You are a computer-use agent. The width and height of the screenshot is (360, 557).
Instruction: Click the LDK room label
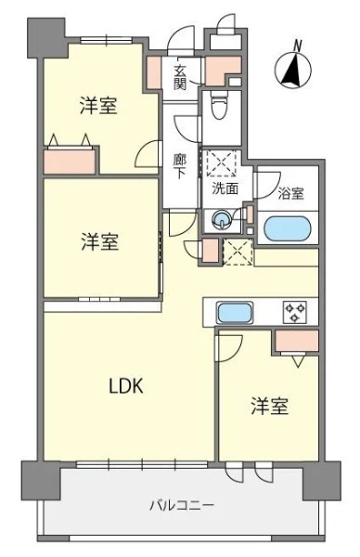pyautogui.click(x=126, y=386)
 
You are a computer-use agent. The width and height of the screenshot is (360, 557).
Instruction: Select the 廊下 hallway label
pyautogui.click(x=180, y=166)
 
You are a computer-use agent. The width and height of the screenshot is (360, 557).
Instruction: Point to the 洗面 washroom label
pyautogui.click(x=225, y=188)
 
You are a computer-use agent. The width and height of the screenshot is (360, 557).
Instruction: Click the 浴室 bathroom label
pyautogui.click(x=290, y=194)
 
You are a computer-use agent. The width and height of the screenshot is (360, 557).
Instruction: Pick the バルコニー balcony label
pyautogui.click(x=182, y=505)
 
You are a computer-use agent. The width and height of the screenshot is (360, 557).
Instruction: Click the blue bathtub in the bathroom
pyautogui.click(x=288, y=228)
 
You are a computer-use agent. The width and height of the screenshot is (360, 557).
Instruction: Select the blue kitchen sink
pyautogui.click(x=236, y=313)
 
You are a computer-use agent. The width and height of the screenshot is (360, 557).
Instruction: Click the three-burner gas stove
pyautogui.click(x=295, y=312)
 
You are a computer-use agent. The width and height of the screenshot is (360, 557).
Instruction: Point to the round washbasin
pyautogui.click(x=222, y=219)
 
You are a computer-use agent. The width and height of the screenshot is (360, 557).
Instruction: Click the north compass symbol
pyautogui.click(x=293, y=70)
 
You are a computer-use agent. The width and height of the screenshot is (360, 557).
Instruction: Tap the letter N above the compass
pyautogui.click(x=298, y=45)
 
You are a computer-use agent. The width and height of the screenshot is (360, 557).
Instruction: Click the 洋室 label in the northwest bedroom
pyautogui.click(x=98, y=106)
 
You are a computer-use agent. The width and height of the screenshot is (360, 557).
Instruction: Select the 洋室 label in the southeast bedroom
pyautogui.click(x=270, y=406)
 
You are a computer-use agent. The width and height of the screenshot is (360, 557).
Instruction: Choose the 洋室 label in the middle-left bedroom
pyautogui.click(x=100, y=241)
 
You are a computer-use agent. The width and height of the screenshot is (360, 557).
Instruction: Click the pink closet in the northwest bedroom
pyautogui.click(x=70, y=162)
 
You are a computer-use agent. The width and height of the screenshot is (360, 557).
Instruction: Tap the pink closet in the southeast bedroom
pyautogui.click(x=297, y=341)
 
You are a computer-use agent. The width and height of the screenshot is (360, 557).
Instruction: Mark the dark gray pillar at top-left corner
pyautogui.click(x=47, y=38)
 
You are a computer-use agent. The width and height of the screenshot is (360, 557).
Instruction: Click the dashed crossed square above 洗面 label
pyautogui.click(x=222, y=163)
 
